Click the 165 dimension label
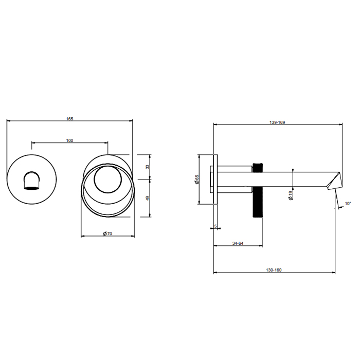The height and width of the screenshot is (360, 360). point(69,119)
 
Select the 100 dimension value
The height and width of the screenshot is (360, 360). point(69,140)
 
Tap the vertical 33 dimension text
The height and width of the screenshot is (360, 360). point(148,167)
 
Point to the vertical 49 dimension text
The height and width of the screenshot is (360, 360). point(148,198)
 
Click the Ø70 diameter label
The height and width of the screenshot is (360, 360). point(107,233)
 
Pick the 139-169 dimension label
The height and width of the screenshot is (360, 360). point(277,122)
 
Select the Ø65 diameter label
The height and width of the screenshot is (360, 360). point(197,179)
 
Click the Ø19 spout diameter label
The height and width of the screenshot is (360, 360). point(291,195)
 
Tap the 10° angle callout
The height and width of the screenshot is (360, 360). point(348,204)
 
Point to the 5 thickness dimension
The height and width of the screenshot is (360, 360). point(215,226)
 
